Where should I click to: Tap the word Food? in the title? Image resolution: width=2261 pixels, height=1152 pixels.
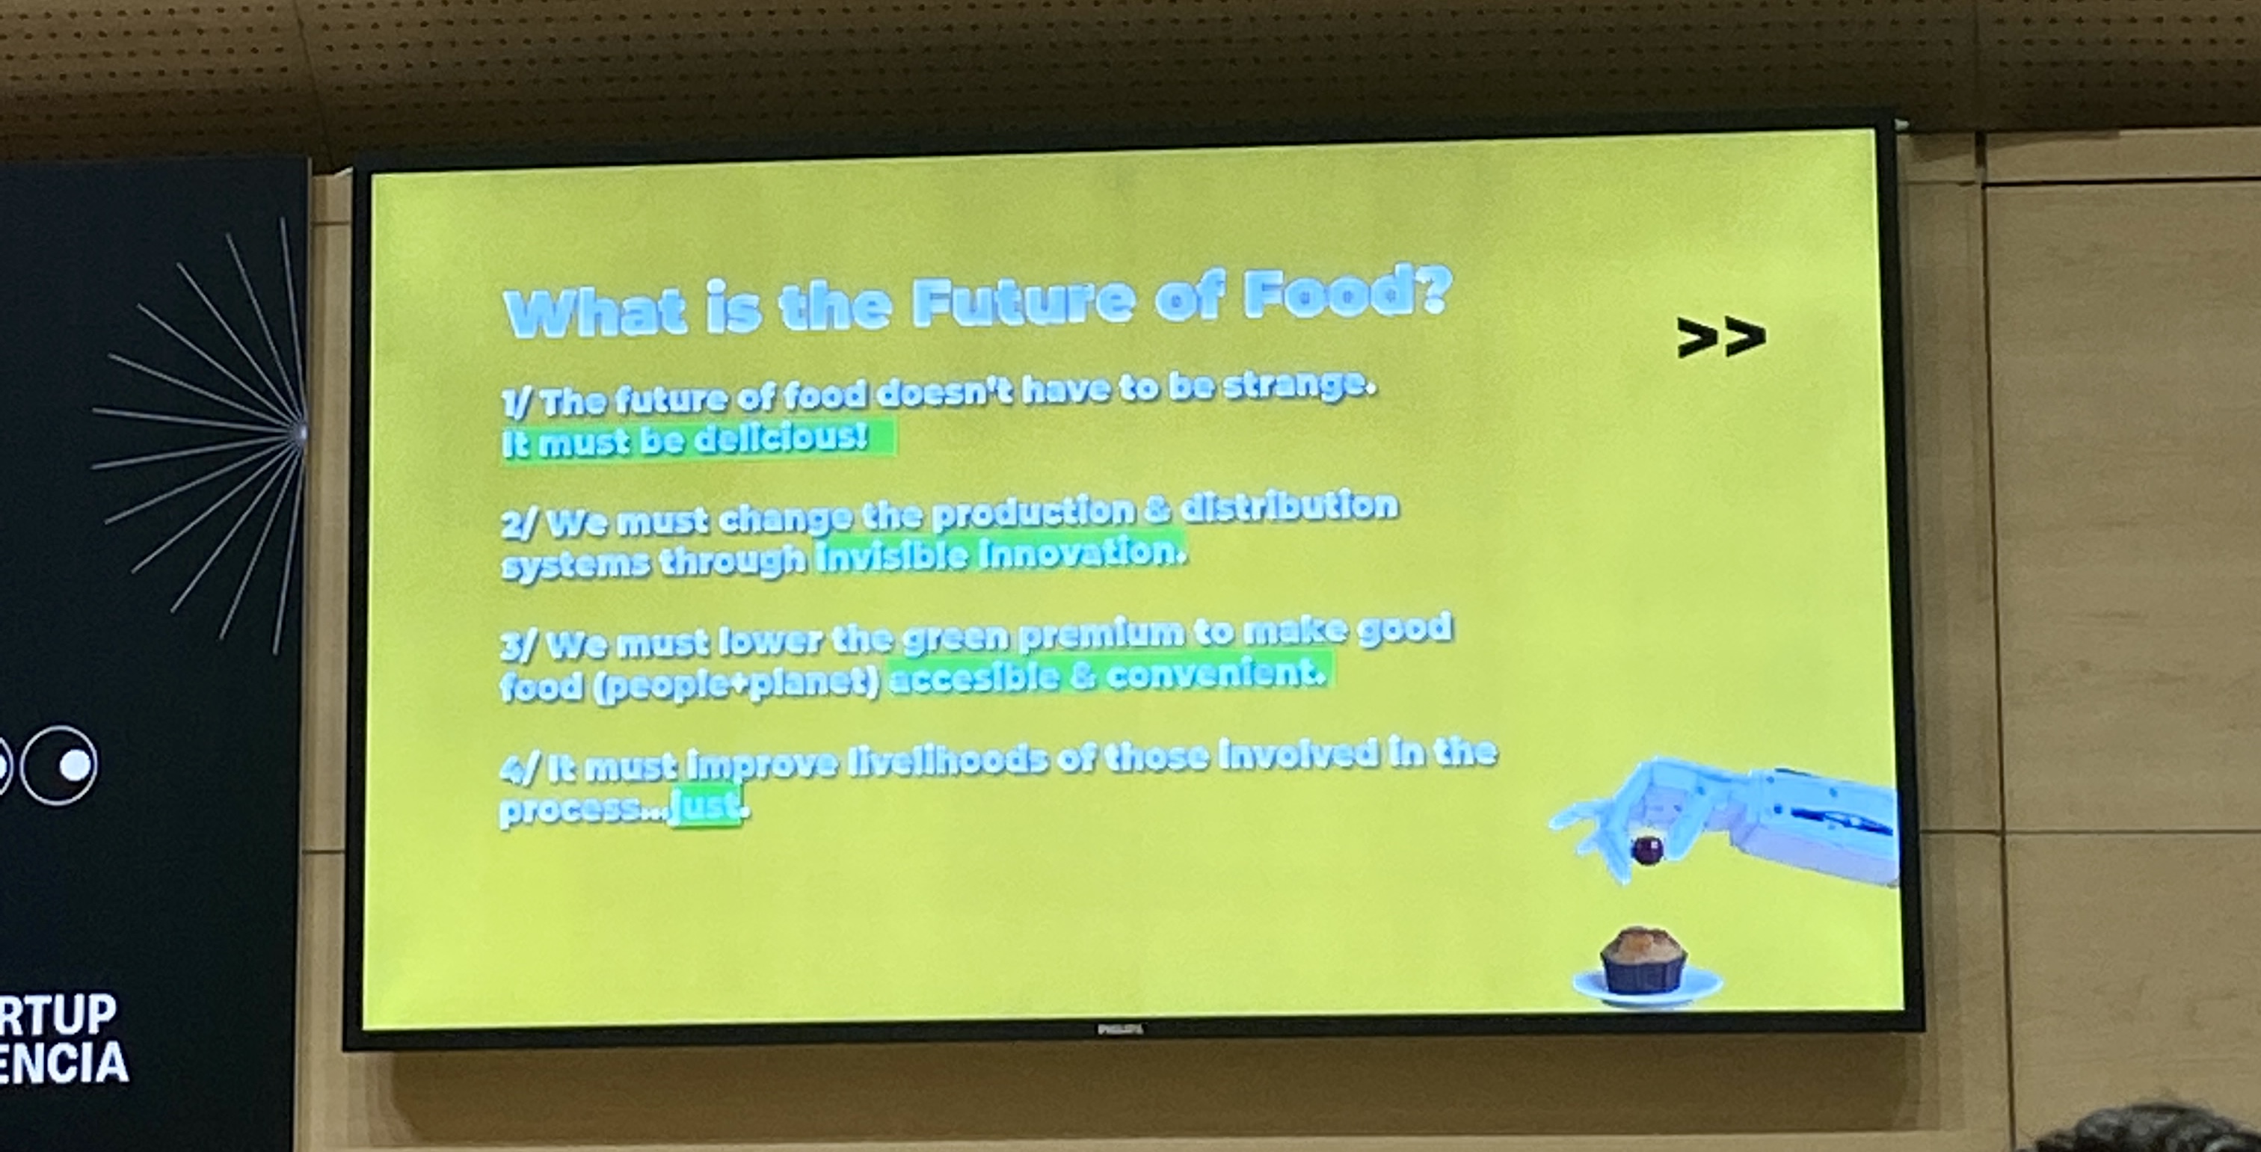click(1347, 292)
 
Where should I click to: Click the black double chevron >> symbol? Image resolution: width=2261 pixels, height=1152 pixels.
click(1720, 338)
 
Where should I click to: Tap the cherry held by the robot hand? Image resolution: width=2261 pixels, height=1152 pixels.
click(1646, 850)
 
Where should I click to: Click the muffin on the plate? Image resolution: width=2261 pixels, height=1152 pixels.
click(1643, 960)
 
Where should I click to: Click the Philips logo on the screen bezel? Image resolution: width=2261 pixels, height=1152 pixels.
click(1120, 1029)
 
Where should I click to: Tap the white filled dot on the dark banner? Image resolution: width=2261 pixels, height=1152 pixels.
click(76, 764)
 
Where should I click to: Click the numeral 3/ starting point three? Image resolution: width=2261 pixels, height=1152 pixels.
click(519, 647)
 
